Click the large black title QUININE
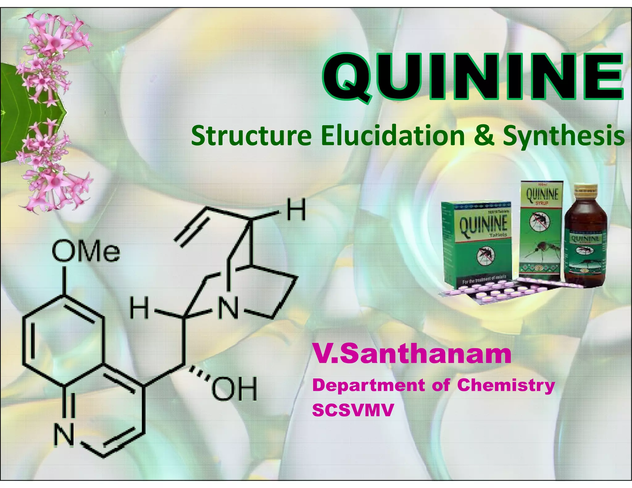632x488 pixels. (472, 77)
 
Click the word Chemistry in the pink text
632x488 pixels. (506, 385)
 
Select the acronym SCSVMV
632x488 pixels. (353, 410)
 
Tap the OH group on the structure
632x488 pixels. (234, 389)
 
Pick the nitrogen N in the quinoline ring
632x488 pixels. (64, 435)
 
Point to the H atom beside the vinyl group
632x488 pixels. (296, 210)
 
